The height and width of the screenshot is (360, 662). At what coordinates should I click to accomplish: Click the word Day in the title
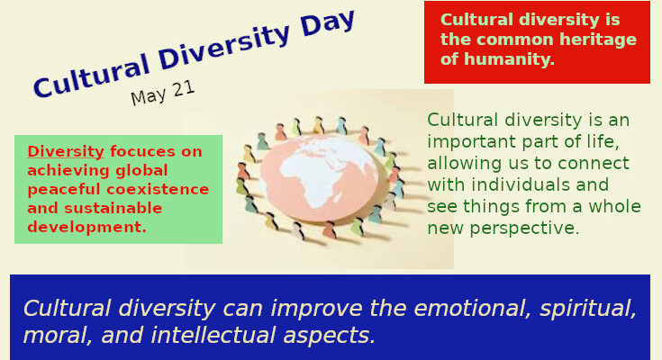pyautogui.click(x=328, y=28)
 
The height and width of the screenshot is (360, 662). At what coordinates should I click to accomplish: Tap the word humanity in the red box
pyautogui.click(x=509, y=60)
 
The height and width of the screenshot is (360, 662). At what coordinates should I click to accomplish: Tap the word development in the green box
pyautogui.click(x=86, y=227)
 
